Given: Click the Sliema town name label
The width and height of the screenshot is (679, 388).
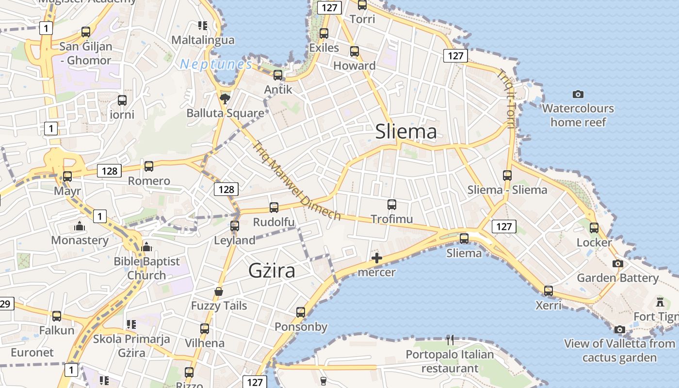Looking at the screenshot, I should pyautogui.click(x=406, y=131).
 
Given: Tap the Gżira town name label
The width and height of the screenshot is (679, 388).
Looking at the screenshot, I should pyautogui.click(x=272, y=270).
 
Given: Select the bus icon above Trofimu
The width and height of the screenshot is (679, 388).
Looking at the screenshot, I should pyautogui.click(x=392, y=205).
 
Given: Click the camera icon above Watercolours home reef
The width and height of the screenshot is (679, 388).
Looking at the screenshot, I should pyautogui.click(x=578, y=94).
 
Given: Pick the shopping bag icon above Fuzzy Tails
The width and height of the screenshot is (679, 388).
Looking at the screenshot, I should pyautogui.click(x=219, y=291).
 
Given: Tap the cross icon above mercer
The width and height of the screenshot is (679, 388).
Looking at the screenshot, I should pyautogui.click(x=376, y=258).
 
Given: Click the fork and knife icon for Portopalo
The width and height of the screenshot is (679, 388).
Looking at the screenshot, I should pyautogui.click(x=450, y=340).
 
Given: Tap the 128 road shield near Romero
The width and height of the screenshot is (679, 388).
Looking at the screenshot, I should pyautogui.click(x=110, y=171).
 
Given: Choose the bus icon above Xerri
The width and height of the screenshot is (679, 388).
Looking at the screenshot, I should pyautogui.click(x=548, y=291).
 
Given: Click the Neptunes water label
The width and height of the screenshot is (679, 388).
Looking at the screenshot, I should pyautogui.click(x=216, y=65).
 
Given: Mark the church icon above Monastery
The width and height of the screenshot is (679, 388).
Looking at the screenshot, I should pyautogui.click(x=80, y=226).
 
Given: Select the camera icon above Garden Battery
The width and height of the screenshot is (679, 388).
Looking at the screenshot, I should pyautogui.click(x=617, y=264).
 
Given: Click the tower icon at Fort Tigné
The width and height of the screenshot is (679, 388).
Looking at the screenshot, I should pyautogui.click(x=660, y=302).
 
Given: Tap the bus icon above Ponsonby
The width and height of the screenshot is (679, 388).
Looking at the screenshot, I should pyautogui.click(x=301, y=312).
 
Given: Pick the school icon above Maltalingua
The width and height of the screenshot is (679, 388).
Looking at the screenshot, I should pyautogui.click(x=203, y=25).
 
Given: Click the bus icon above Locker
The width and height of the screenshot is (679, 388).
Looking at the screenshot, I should pyautogui.click(x=594, y=228).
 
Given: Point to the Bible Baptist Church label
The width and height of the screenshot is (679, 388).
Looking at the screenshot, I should pyautogui.click(x=146, y=268).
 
